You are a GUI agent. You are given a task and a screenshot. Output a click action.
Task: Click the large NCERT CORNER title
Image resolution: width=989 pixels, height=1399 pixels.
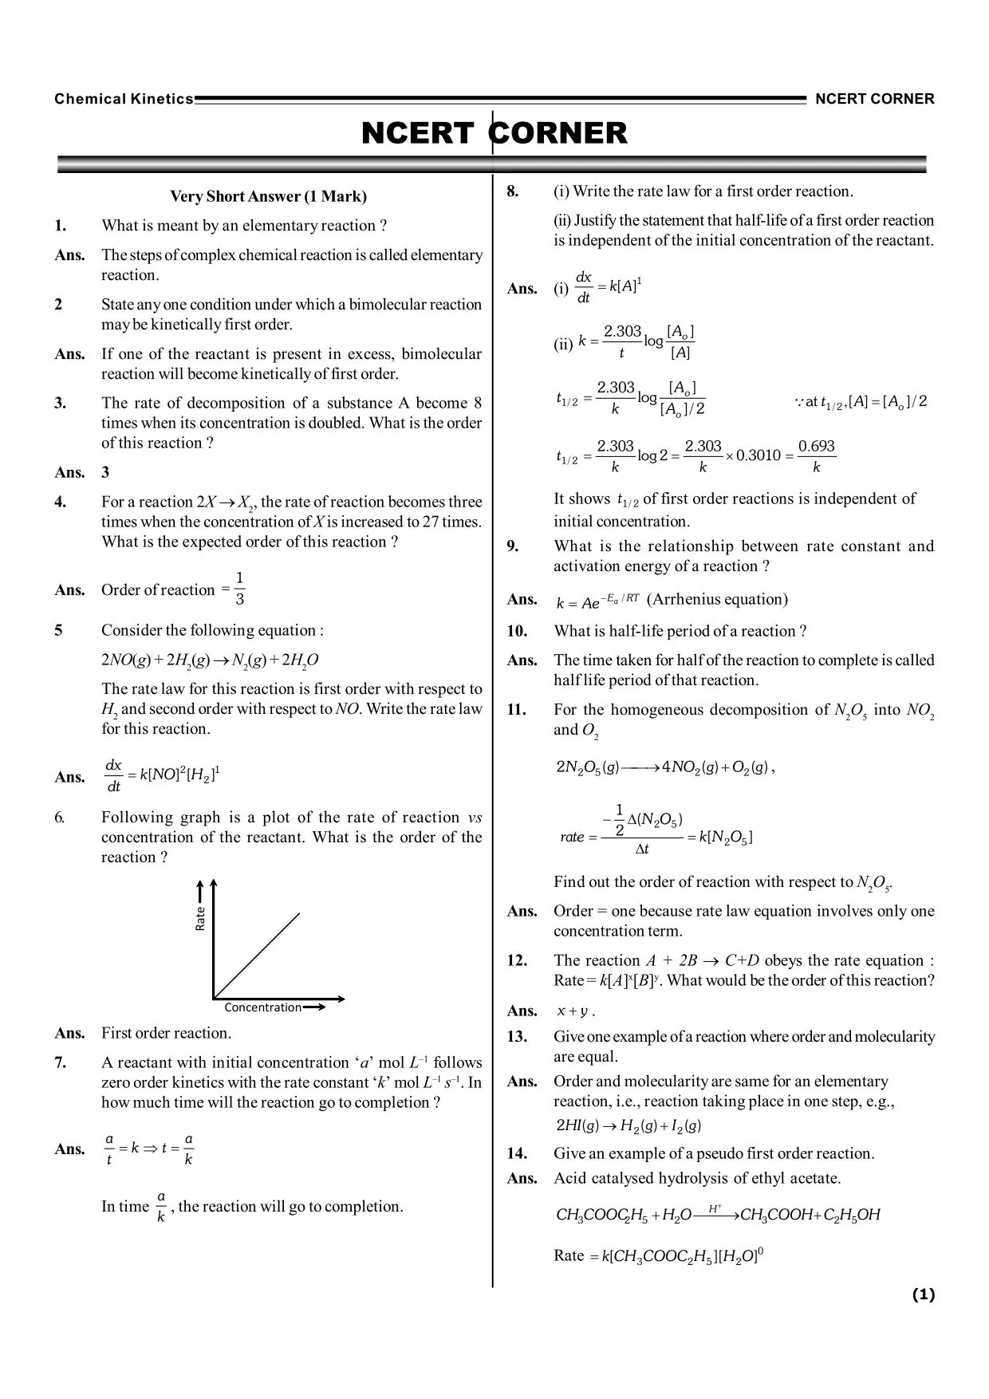pyautogui.click(x=494, y=134)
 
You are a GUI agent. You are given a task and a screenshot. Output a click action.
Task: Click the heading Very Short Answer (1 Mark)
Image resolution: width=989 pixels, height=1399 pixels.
pyautogui.click(x=268, y=196)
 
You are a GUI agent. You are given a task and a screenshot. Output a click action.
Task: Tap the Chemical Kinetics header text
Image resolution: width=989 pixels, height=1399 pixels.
pyautogui.click(x=124, y=99)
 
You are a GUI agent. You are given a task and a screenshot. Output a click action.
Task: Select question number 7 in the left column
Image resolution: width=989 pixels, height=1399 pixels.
pyautogui.click(x=61, y=1062)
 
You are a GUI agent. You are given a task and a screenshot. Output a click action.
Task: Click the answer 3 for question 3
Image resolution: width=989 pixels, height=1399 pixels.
pyautogui.click(x=105, y=472)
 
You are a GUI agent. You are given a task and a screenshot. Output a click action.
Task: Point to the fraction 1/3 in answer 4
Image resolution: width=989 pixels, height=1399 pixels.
pyautogui.click(x=239, y=589)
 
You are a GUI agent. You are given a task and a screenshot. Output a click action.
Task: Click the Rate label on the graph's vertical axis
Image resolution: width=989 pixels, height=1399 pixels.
pyautogui.click(x=200, y=918)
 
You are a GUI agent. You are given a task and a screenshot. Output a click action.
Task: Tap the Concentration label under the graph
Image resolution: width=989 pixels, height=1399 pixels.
pyautogui.click(x=262, y=1007)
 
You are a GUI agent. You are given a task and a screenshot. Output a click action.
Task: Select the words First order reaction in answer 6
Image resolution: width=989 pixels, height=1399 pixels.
pyautogui.click(x=166, y=1033)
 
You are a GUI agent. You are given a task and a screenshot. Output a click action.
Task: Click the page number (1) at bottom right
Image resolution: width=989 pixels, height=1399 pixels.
pyautogui.click(x=923, y=1295)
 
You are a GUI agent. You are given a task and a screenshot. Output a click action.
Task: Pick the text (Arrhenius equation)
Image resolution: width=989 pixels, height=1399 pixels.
pyautogui.click(x=717, y=599)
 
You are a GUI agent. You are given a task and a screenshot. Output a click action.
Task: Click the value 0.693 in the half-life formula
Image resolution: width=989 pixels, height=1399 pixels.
pyautogui.click(x=816, y=447)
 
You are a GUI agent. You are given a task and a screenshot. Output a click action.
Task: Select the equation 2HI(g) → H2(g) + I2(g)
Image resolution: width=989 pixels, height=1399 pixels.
pyautogui.click(x=628, y=1125)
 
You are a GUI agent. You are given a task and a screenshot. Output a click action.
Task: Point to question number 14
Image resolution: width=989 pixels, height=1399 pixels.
pyautogui.click(x=517, y=1153)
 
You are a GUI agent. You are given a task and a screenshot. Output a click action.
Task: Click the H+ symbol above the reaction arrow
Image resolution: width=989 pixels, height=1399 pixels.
pyautogui.click(x=715, y=1208)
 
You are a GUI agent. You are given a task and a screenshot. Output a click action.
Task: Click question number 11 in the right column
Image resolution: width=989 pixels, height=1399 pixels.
pyautogui.click(x=516, y=710)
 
